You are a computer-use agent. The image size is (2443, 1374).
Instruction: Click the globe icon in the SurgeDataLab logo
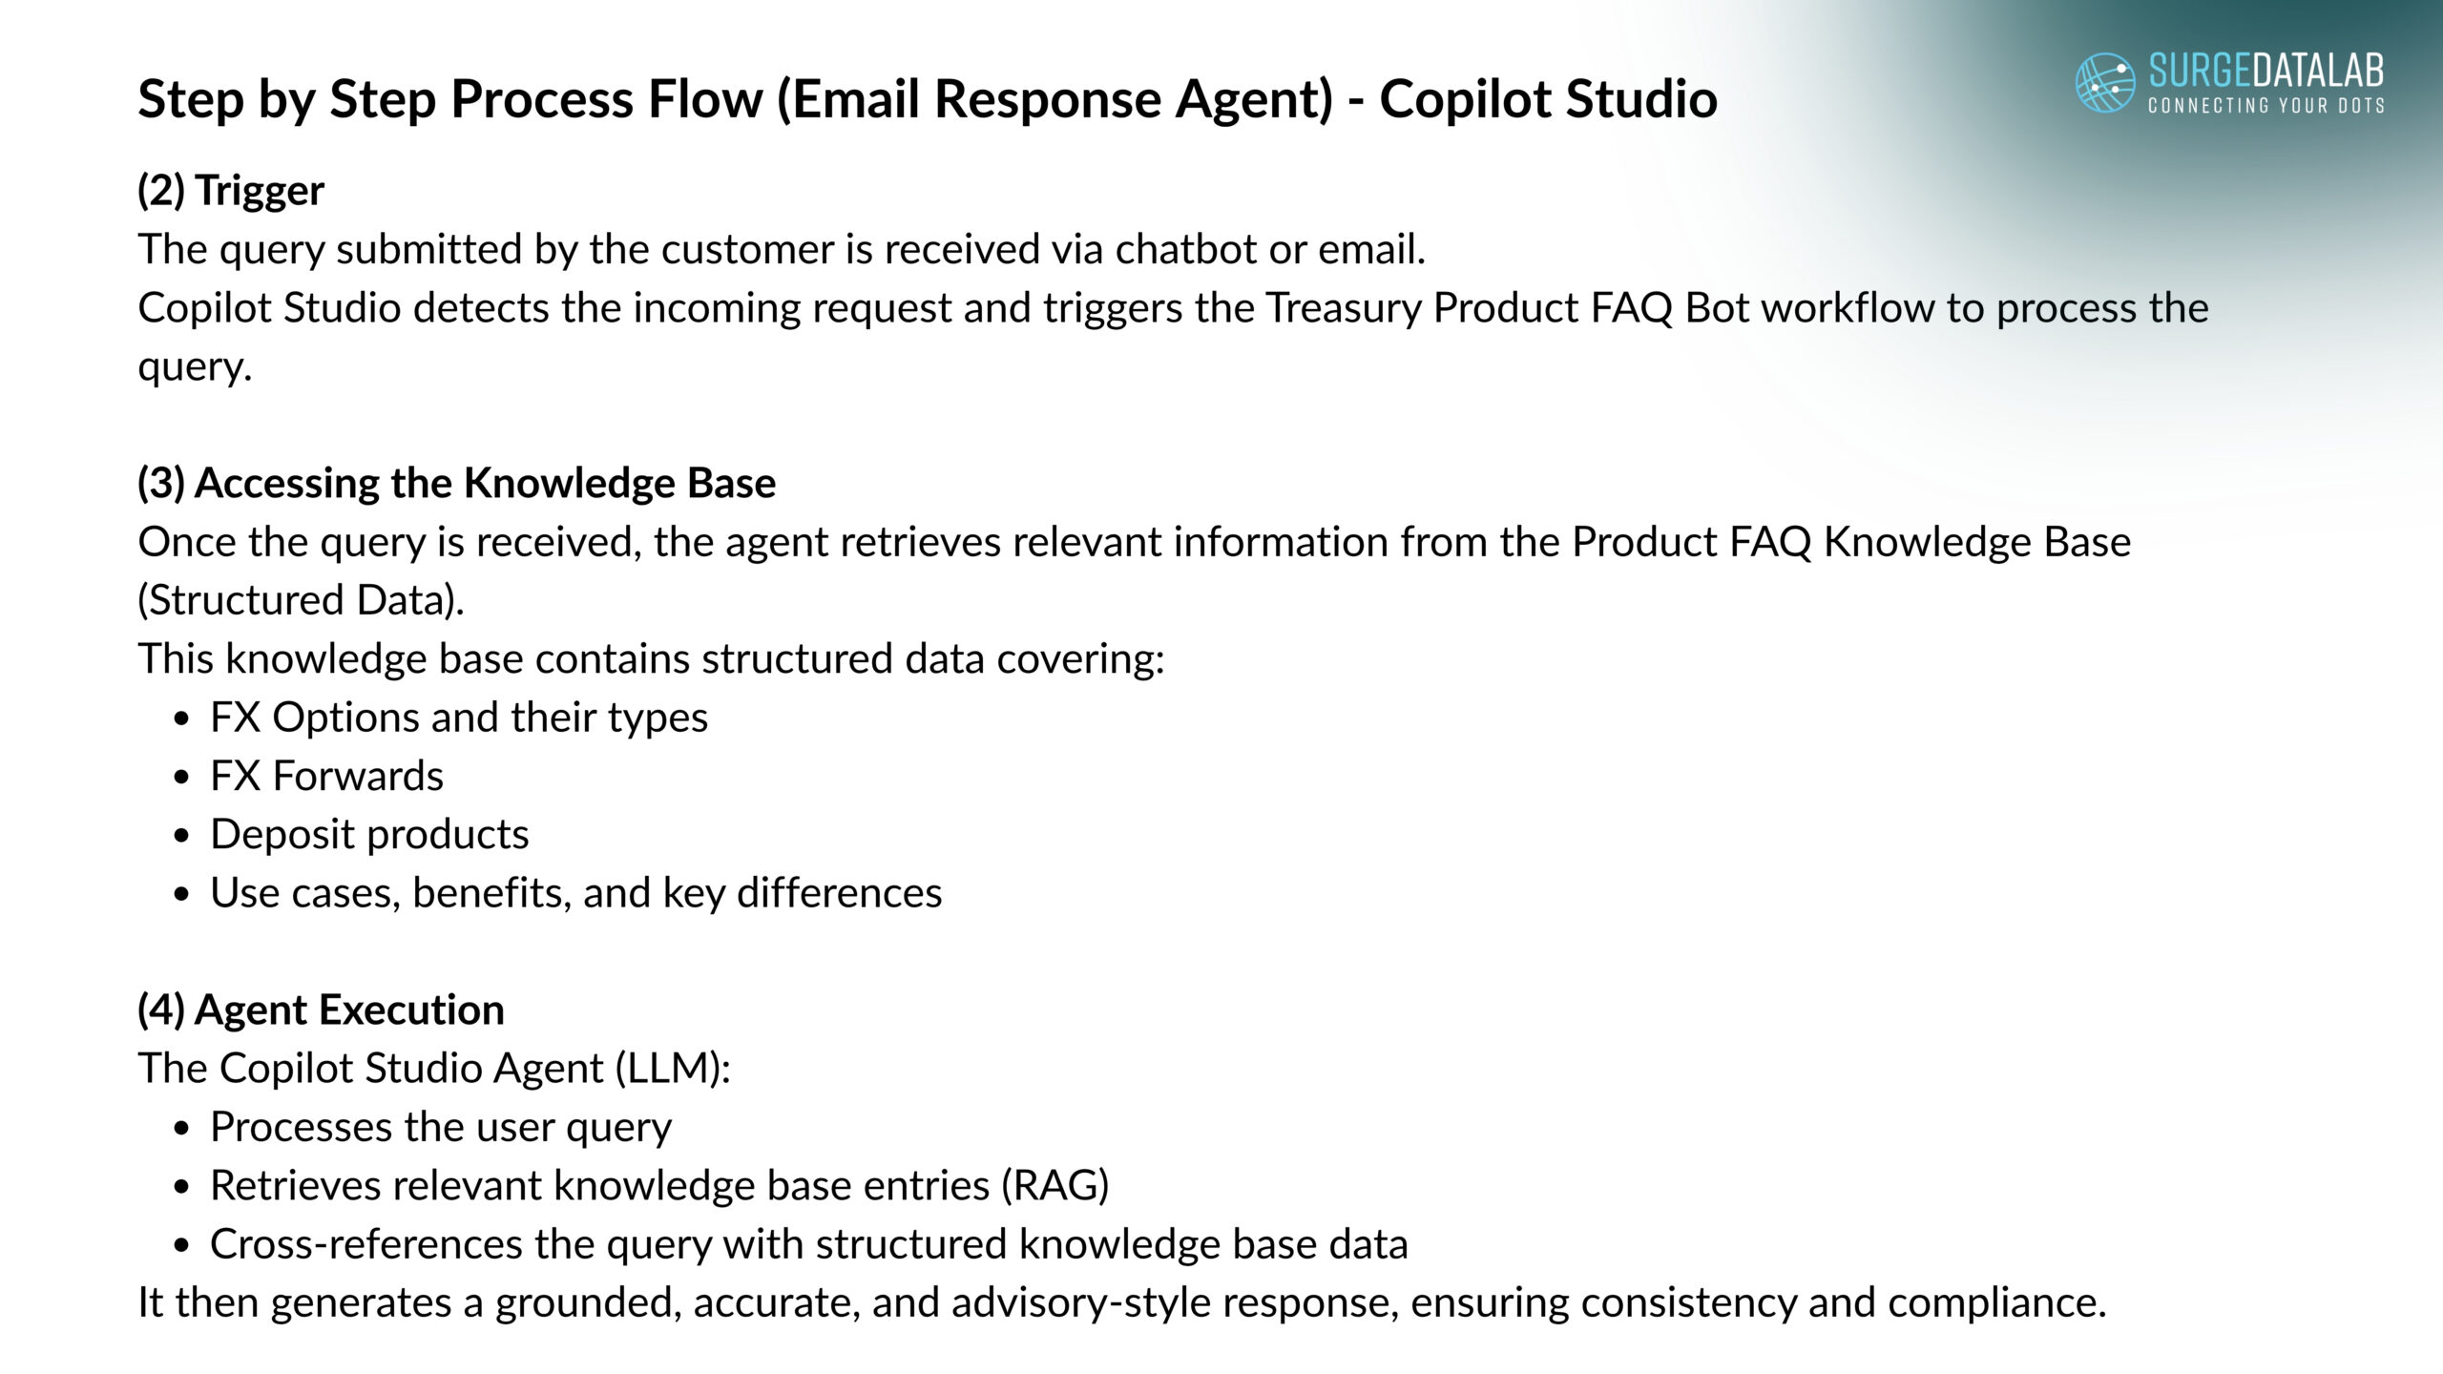click(x=2105, y=82)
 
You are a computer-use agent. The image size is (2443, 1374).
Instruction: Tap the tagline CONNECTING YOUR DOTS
click(x=2266, y=105)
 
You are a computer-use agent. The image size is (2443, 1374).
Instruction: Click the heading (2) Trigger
click(x=231, y=190)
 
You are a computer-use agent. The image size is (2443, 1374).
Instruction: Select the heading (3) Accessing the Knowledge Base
click(x=457, y=483)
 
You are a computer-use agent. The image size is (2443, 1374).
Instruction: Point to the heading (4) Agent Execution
click(x=322, y=1010)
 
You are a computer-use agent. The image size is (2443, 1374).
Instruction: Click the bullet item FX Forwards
click(x=326, y=776)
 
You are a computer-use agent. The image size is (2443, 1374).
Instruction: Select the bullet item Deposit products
click(x=369, y=835)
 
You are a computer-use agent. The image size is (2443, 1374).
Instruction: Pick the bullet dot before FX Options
click(x=183, y=718)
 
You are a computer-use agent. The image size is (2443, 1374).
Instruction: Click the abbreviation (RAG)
click(x=1054, y=1186)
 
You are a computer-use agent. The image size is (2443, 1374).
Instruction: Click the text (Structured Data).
click(x=302, y=600)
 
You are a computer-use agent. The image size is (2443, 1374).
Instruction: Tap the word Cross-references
click(x=366, y=1244)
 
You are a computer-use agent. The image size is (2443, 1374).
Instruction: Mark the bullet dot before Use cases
click(x=183, y=894)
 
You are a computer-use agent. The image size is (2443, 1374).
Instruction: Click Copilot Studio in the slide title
click(x=1548, y=98)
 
